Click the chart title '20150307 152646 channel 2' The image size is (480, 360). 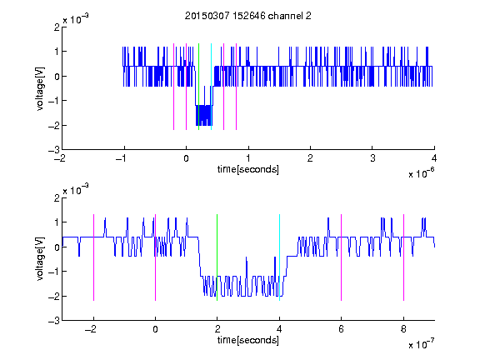click(248, 16)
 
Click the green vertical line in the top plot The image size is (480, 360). click(198, 87)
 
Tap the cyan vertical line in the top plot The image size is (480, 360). click(211, 87)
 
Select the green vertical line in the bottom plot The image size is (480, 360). click(217, 257)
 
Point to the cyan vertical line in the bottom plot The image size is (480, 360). click(279, 257)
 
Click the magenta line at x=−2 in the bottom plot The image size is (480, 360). click(93, 257)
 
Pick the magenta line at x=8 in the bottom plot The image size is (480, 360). click(404, 257)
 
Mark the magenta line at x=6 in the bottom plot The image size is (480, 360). click(342, 257)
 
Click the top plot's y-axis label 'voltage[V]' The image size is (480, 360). click(40, 88)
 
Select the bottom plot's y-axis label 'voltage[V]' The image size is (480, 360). click(40, 259)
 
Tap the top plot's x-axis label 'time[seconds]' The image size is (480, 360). click(248, 169)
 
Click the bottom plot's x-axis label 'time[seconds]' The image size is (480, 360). click(248, 340)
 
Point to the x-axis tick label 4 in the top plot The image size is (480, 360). click(434, 158)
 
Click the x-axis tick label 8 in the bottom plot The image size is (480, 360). click(403, 329)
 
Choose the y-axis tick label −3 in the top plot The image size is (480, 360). click(54, 150)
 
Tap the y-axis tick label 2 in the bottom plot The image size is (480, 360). click(57, 198)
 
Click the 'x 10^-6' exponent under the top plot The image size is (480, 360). click(421, 173)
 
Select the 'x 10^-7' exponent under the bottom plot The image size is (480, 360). click(421, 344)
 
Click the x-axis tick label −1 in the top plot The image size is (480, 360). click(122, 158)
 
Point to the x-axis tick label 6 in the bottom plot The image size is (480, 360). click(342, 329)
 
